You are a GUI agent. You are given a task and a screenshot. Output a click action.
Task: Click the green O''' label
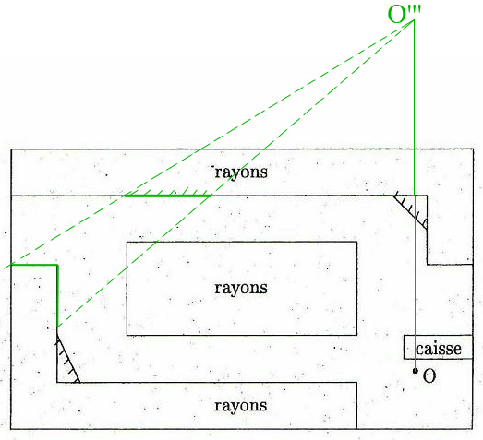tap(404, 14)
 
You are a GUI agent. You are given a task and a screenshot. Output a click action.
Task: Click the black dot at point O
tap(416, 371)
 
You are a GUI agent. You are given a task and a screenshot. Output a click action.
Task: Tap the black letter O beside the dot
tap(429, 376)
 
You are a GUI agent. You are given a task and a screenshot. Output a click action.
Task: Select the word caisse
tap(439, 349)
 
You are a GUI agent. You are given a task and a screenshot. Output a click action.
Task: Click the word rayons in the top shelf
tap(241, 172)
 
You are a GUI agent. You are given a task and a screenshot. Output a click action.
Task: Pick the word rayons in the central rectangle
tap(241, 289)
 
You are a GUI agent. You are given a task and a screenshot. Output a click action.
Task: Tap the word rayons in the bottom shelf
tap(241, 406)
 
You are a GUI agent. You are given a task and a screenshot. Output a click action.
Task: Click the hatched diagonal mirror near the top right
tap(410, 212)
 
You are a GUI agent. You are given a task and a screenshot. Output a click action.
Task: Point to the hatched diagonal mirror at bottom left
tap(68, 359)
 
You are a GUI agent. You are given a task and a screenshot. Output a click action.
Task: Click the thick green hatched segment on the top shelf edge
tap(167, 196)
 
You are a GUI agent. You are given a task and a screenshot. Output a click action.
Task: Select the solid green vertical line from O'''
tap(415, 195)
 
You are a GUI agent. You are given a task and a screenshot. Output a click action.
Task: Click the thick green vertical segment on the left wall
tap(57, 296)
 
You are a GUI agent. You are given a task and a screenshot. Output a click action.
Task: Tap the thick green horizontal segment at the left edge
tap(34, 265)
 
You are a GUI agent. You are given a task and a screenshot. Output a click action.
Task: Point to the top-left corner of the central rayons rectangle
tap(127, 243)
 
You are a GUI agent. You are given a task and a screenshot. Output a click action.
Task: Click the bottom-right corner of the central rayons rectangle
tap(357, 335)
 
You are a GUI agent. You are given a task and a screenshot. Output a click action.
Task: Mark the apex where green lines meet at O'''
tap(414, 20)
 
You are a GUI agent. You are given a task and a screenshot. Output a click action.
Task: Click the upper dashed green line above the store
tap(209, 144)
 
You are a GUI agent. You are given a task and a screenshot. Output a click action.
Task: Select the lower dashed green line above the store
tap(235, 174)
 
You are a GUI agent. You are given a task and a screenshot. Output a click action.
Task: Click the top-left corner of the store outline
tap(11, 149)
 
